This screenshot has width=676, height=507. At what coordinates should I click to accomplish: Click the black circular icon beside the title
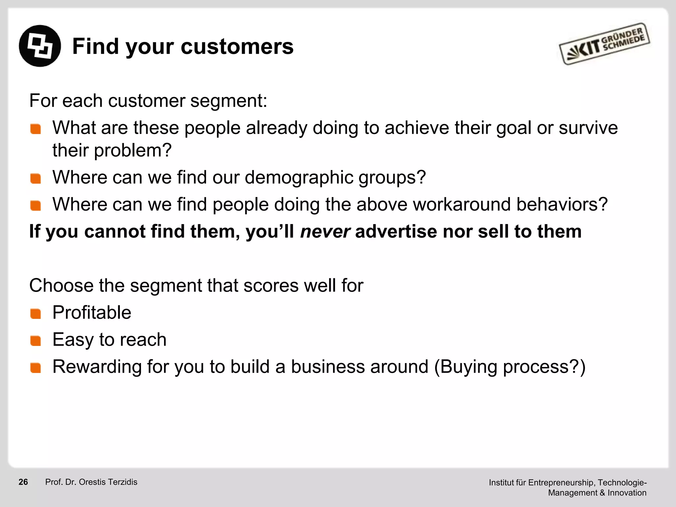(40, 46)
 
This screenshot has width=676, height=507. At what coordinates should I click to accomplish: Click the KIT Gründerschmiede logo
(604, 44)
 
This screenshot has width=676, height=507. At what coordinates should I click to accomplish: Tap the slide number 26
(23, 482)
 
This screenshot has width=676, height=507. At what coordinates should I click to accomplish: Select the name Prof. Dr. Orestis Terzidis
(91, 482)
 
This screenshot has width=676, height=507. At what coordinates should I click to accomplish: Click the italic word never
(325, 231)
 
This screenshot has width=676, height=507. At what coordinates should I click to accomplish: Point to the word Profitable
(92, 313)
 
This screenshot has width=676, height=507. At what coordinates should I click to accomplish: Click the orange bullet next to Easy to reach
(35, 341)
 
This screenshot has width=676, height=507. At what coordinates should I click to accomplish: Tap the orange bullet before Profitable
(35, 314)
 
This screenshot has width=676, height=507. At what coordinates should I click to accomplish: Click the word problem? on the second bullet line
(133, 151)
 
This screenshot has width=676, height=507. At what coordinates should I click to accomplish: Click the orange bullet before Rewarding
(35, 368)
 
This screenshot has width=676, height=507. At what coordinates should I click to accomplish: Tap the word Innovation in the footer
(627, 493)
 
